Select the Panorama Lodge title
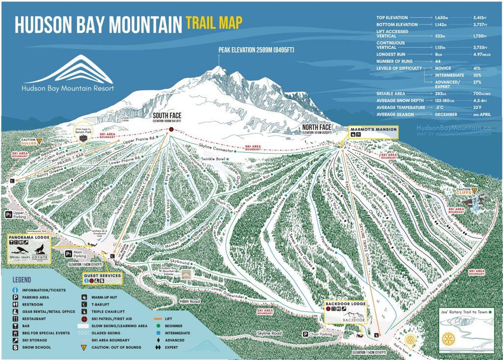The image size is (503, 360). (x=29, y=237)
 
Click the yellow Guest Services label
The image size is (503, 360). (x=103, y=276)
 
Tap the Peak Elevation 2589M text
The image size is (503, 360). (x=260, y=50)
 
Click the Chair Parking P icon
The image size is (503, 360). (x=305, y=334)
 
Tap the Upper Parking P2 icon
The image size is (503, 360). (x=8, y=215)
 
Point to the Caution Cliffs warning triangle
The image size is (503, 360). (x=475, y=191)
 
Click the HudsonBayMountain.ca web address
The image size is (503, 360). (x=453, y=127)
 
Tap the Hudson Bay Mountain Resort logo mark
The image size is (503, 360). (x=67, y=70)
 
